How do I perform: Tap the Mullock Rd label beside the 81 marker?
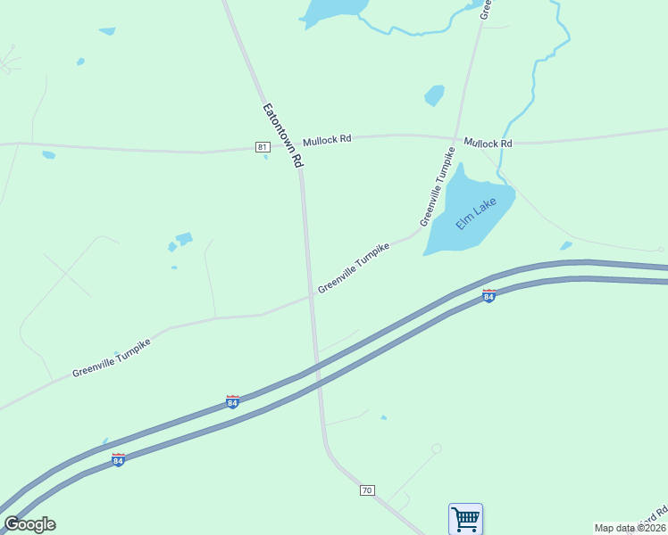pos(327,141)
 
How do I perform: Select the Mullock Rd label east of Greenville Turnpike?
pos(488,144)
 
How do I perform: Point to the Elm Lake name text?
pos(476,214)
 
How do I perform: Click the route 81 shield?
pos(262,147)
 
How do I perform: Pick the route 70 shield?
pos(367,490)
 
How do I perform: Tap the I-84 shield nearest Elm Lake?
pos(489,295)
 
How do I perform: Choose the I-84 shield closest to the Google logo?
pos(118,460)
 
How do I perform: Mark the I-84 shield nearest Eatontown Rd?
pos(232,402)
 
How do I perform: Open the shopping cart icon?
pos(465,518)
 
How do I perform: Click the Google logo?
pos(29,524)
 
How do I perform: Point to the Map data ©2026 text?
pos(630,528)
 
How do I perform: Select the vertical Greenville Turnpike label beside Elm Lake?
pos(437,188)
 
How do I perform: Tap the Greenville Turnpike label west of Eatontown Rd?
pos(111,358)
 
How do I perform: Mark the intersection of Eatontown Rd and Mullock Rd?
pos(299,147)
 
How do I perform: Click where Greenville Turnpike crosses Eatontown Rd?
pos(311,296)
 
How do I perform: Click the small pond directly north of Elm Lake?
pos(435,95)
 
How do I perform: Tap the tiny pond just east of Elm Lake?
pos(565,246)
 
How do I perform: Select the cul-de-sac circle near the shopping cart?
pos(436,449)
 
